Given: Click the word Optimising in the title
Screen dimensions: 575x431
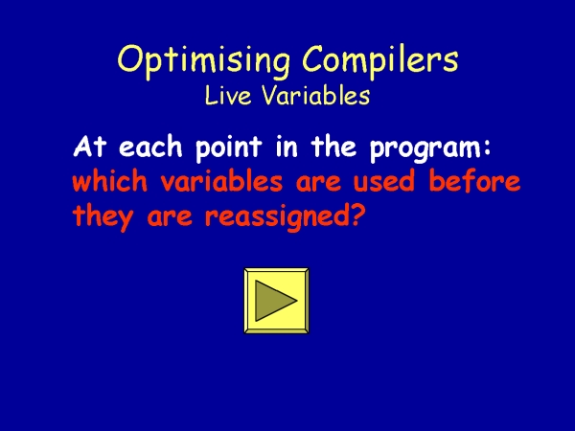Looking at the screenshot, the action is coord(204,61).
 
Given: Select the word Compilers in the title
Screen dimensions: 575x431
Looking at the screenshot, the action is coord(380,58).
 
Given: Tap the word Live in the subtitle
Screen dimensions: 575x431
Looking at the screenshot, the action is coord(228,95).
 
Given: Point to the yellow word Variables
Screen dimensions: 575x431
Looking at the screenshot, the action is coord(315,95).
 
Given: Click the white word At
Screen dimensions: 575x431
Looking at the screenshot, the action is coord(89,147).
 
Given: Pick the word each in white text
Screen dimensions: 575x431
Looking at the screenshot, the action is coord(150,147).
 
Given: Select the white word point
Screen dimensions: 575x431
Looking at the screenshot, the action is coord(228,148).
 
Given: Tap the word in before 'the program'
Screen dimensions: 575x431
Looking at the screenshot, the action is coord(286,147).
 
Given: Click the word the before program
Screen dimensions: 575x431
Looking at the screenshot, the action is coord(333,147).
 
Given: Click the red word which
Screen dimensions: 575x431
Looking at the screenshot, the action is coord(109,181).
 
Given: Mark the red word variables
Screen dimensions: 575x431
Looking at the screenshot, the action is coord(221,181).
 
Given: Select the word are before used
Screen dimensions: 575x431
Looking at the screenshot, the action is coord(318,183).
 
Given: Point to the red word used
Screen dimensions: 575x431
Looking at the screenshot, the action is coord(384,181).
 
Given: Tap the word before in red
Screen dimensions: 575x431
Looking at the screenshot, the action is coord(474,181).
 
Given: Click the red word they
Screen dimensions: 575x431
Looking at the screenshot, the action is coord(103,217).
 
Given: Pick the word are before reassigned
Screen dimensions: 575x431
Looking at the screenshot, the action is coord(170,218).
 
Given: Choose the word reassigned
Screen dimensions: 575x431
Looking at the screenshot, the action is coord(278,217).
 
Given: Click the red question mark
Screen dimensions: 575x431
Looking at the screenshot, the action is coord(358,216).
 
